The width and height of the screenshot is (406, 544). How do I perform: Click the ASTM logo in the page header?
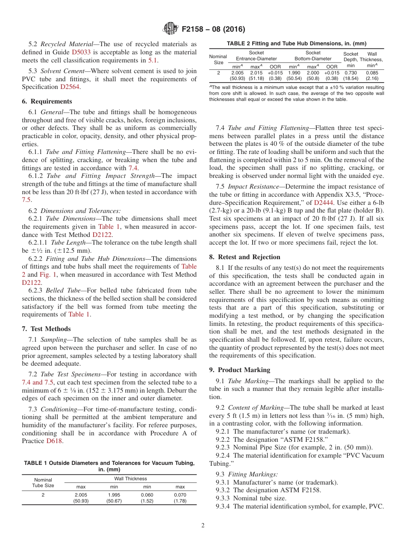171,29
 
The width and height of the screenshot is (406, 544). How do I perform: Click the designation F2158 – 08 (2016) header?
213,30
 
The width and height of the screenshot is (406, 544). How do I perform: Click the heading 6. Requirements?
47,101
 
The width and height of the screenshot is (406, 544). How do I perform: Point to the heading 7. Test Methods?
46,329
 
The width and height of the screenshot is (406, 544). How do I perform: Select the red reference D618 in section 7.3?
54,441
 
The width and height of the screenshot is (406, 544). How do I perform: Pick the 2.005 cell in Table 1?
81,495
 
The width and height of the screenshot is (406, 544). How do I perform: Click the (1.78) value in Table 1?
180,501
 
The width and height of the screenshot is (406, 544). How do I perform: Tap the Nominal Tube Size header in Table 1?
43,482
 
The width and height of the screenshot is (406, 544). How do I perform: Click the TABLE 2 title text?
296,43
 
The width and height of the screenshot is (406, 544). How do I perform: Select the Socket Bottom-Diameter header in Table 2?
313,56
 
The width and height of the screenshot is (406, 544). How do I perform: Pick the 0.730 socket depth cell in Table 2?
351,73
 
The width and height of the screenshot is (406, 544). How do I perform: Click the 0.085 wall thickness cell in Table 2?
372,73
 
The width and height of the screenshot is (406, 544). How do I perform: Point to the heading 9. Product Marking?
240,370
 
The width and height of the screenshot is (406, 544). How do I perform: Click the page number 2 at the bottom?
203,526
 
